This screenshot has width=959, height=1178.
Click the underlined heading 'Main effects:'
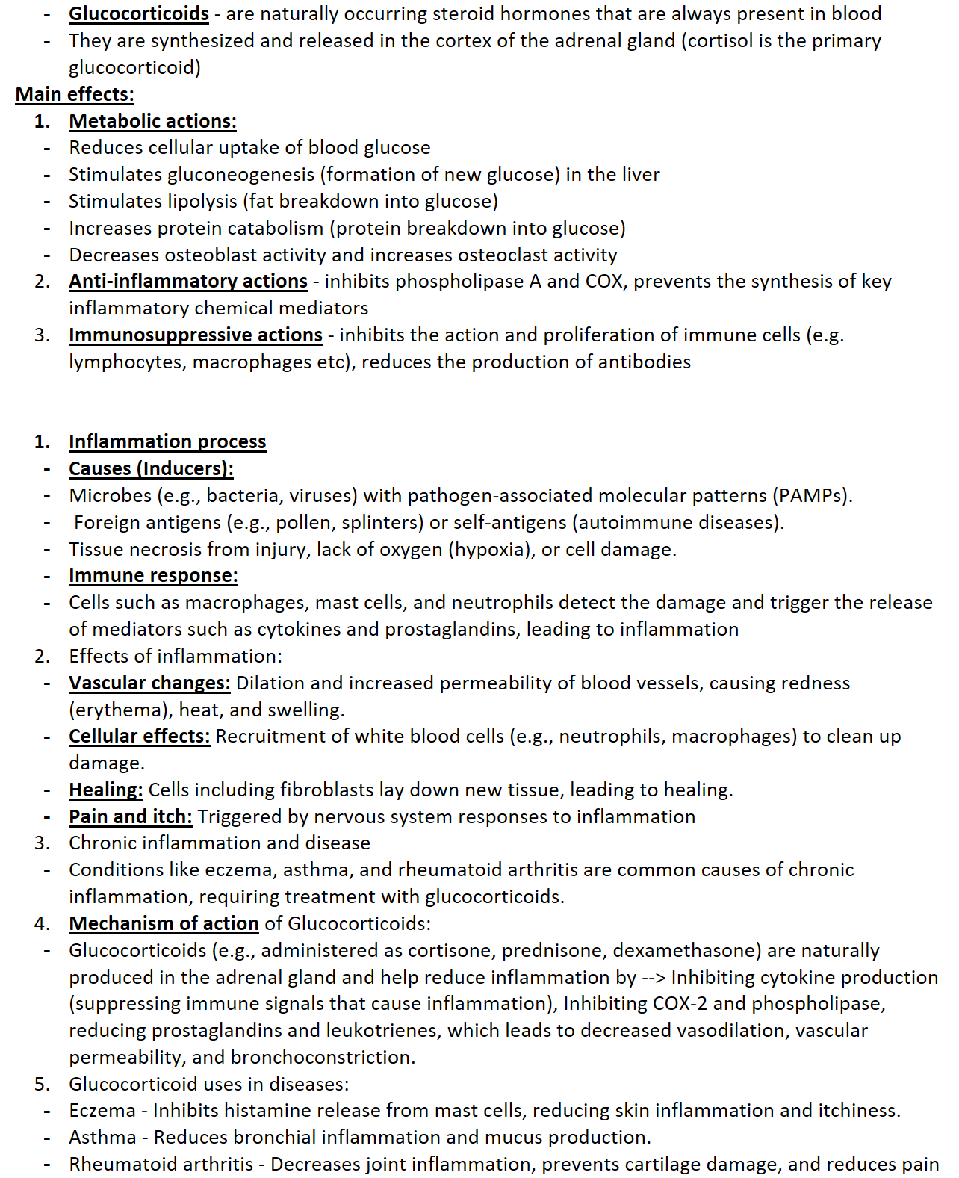(x=75, y=95)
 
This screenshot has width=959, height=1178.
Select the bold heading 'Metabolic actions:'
(x=152, y=122)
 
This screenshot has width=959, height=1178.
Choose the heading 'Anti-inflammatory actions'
(x=188, y=282)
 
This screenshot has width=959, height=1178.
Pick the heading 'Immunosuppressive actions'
(x=196, y=335)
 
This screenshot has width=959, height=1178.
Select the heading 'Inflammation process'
(x=167, y=442)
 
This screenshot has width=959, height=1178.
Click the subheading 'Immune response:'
(x=153, y=576)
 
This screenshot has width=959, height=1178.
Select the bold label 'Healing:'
(x=106, y=790)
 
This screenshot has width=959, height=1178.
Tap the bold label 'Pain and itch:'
(x=131, y=817)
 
